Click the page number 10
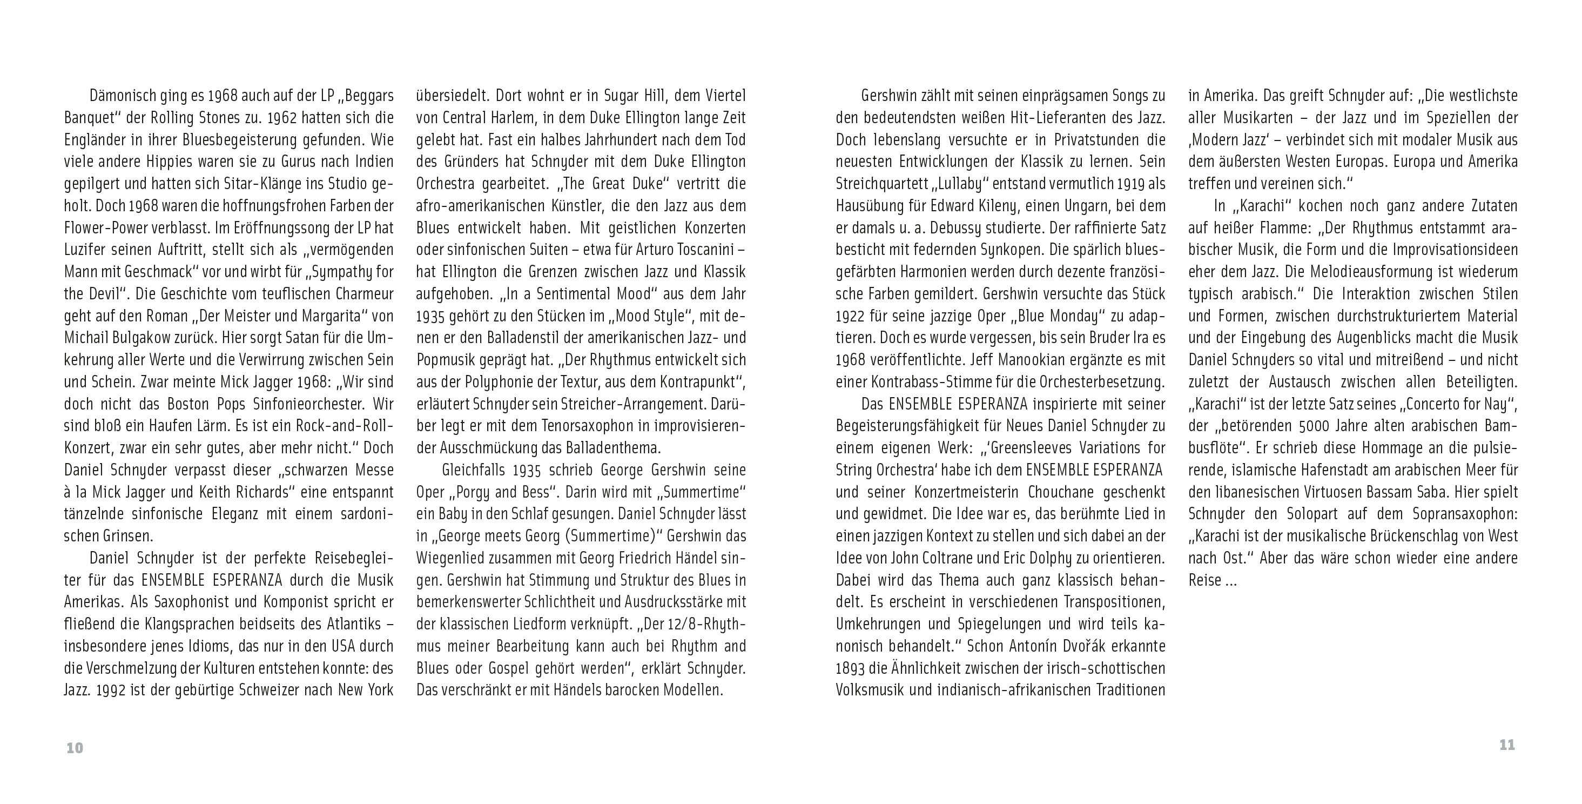tap(75, 748)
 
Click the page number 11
tap(1507, 745)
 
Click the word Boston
tap(190, 404)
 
